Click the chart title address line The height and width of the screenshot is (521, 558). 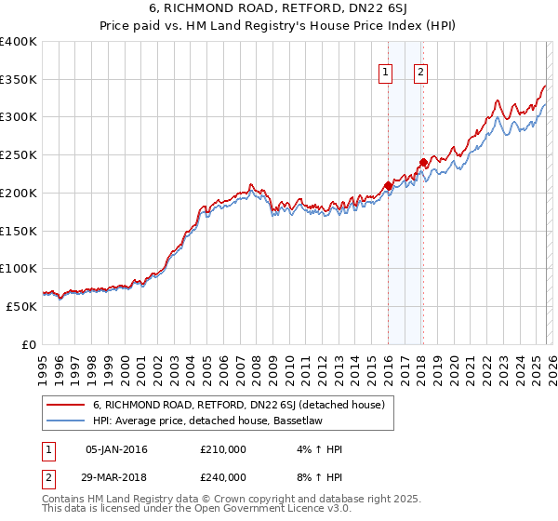point(278,10)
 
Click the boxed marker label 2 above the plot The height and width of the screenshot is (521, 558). point(420,73)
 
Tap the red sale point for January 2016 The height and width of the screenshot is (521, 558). point(388,185)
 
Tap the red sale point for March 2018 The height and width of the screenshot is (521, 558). point(423,163)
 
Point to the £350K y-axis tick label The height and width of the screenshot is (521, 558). point(19,80)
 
